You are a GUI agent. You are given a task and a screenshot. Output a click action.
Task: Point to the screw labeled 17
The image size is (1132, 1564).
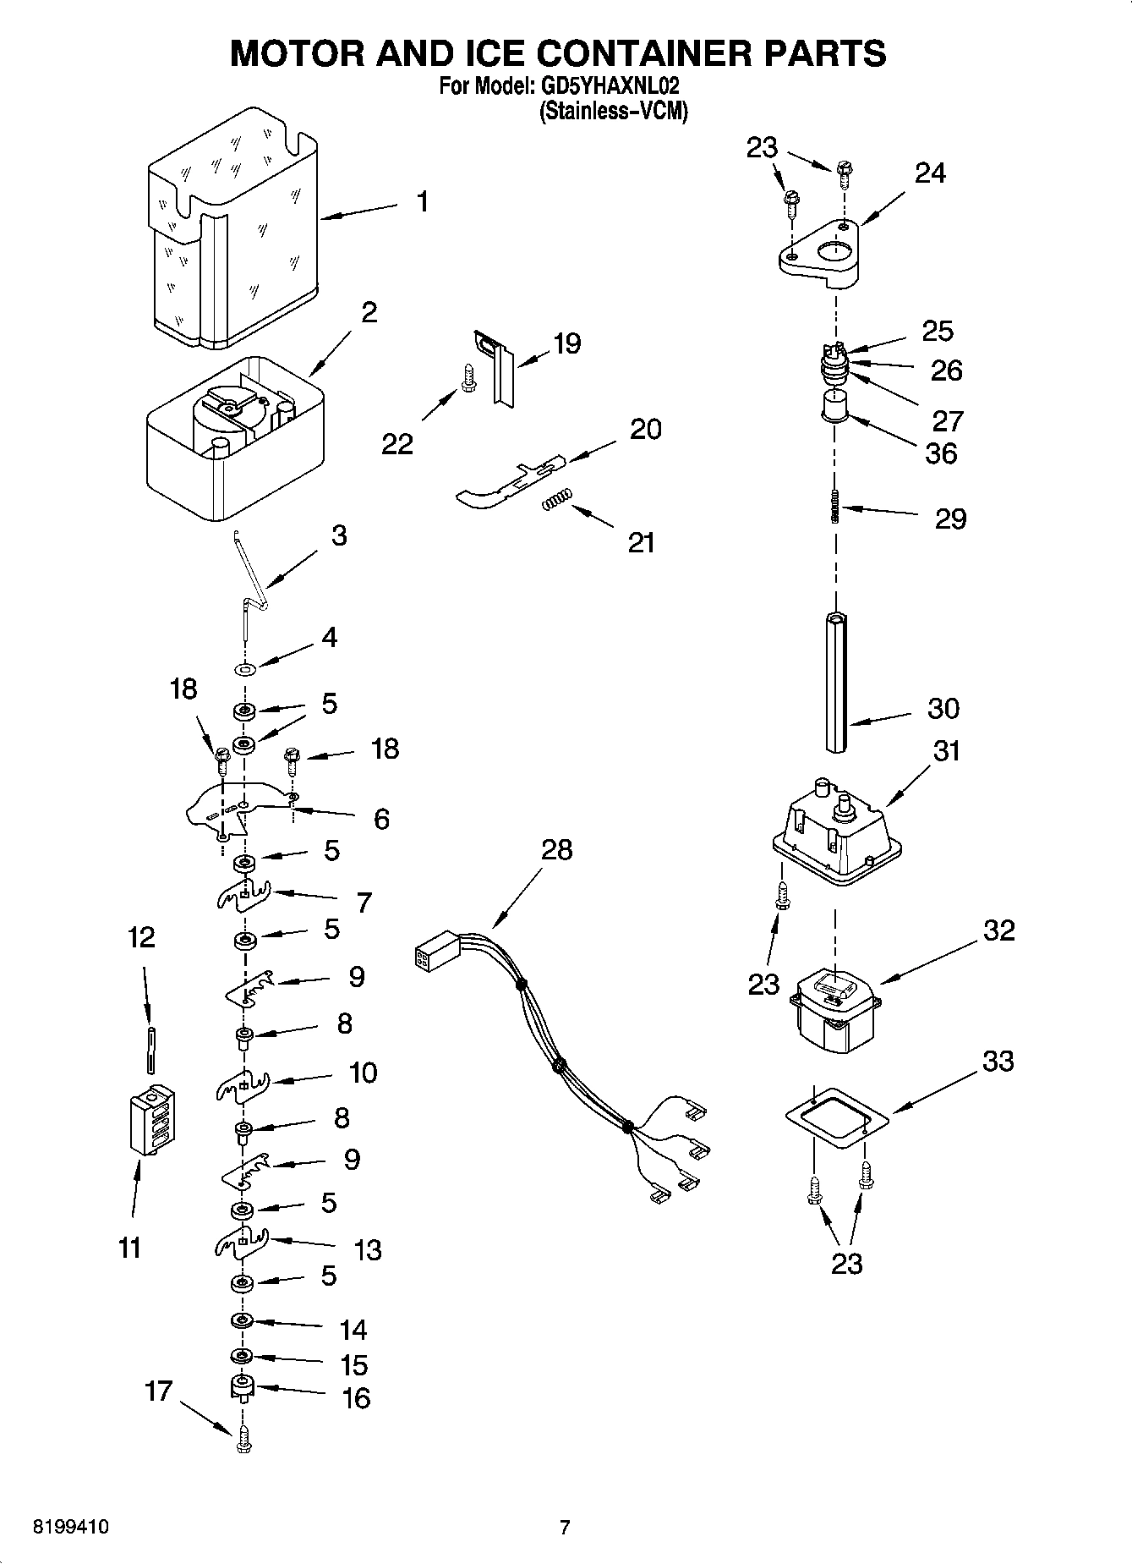pyautogui.click(x=243, y=1440)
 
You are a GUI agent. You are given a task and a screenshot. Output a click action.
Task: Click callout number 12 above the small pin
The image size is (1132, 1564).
pyautogui.click(x=141, y=937)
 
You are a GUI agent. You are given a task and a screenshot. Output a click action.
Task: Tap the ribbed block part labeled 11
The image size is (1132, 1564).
pyautogui.click(x=152, y=1118)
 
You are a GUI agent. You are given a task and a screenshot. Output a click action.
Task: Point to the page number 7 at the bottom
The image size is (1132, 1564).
pyautogui.click(x=565, y=1527)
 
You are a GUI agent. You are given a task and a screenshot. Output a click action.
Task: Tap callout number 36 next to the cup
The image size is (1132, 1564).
pyautogui.click(x=941, y=453)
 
